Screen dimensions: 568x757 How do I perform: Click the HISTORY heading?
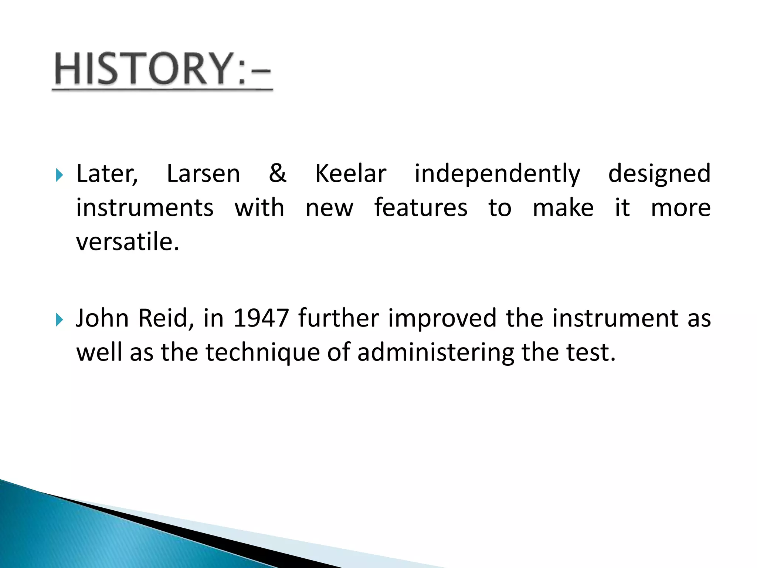(163, 70)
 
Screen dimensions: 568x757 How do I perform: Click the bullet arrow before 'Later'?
(59, 175)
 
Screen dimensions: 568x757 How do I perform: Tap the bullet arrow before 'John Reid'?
(59, 319)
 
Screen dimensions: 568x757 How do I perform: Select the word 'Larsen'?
(203, 174)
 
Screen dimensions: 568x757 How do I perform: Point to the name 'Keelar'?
(350, 174)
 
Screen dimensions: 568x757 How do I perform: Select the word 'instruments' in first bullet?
(145, 208)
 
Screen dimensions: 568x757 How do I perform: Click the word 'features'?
(421, 208)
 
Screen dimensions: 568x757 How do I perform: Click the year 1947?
(261, 318)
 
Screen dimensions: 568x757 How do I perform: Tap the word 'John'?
(102, 318)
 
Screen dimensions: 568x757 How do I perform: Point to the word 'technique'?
(262, 353)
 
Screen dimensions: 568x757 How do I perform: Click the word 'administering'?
(436, 353)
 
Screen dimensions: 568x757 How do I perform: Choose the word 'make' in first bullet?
(563, 208)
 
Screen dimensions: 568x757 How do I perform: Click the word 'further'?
(339, 318)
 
